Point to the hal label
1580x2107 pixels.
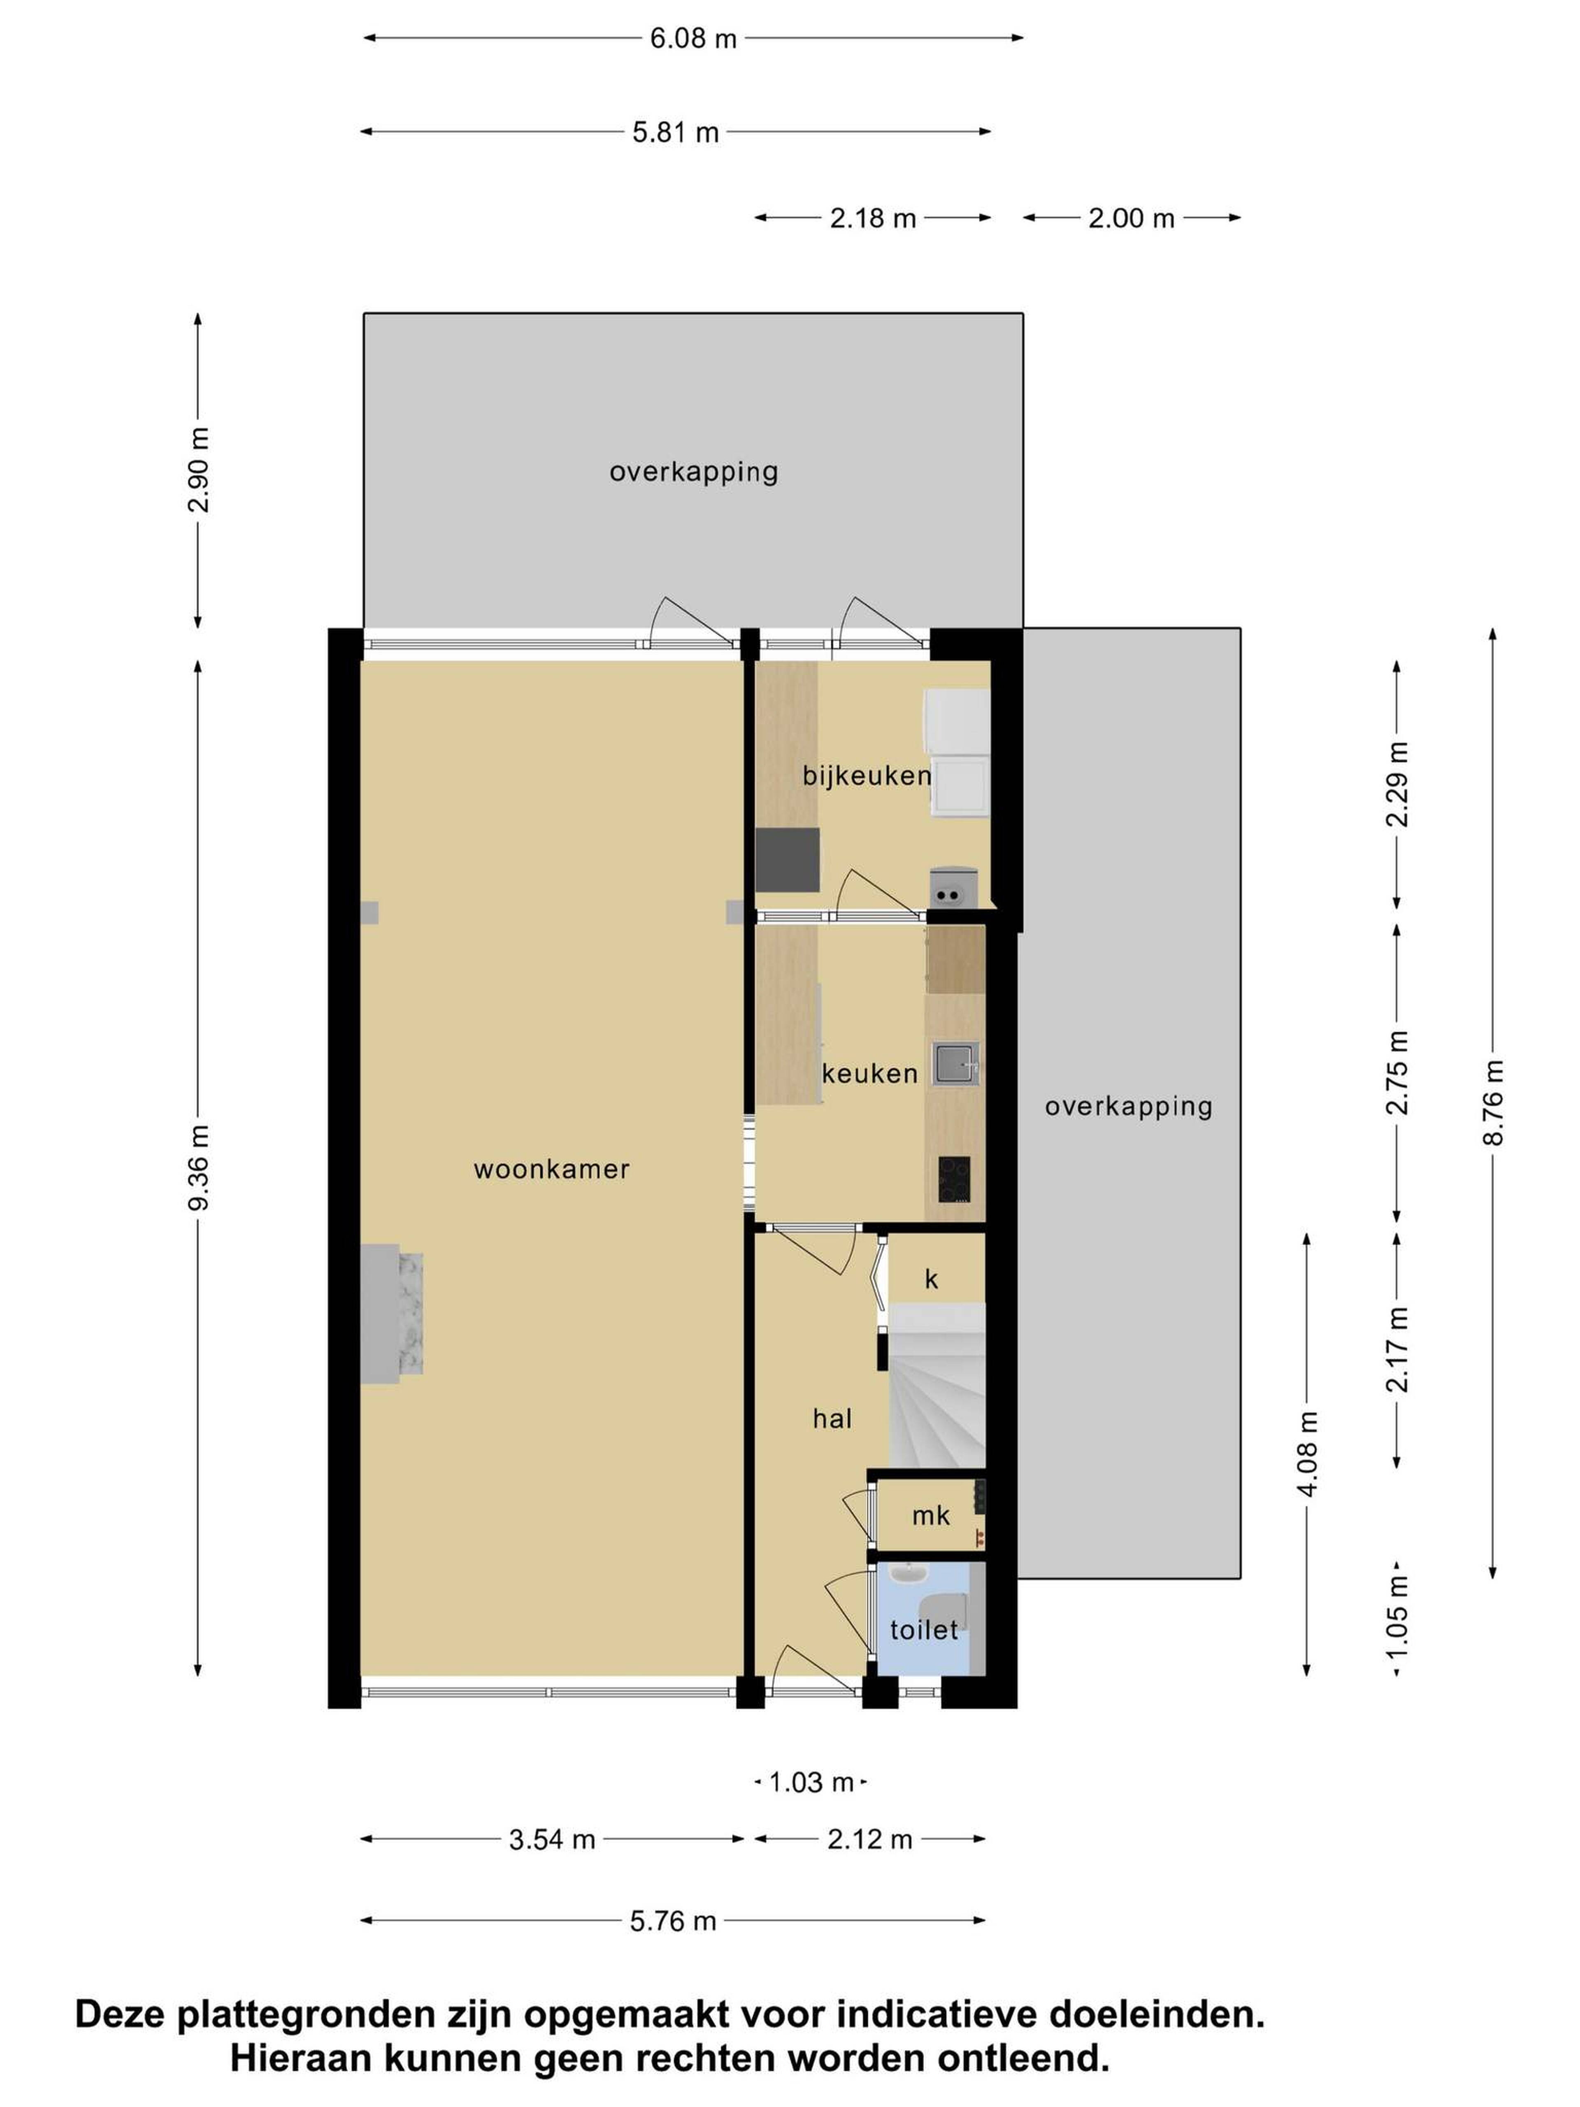[x=832, y=1419]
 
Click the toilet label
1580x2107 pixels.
[x=924, y=1630]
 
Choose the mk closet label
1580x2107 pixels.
[x=930, y=1516]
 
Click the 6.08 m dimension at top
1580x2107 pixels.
[x=693, y=39]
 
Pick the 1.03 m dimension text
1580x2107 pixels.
[x=811, y=1782]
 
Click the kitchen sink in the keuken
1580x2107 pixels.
[x=956, y=1064]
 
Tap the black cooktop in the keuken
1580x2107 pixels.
[x=954, y=1179]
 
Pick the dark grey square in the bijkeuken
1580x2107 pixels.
[x=788, y=860]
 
